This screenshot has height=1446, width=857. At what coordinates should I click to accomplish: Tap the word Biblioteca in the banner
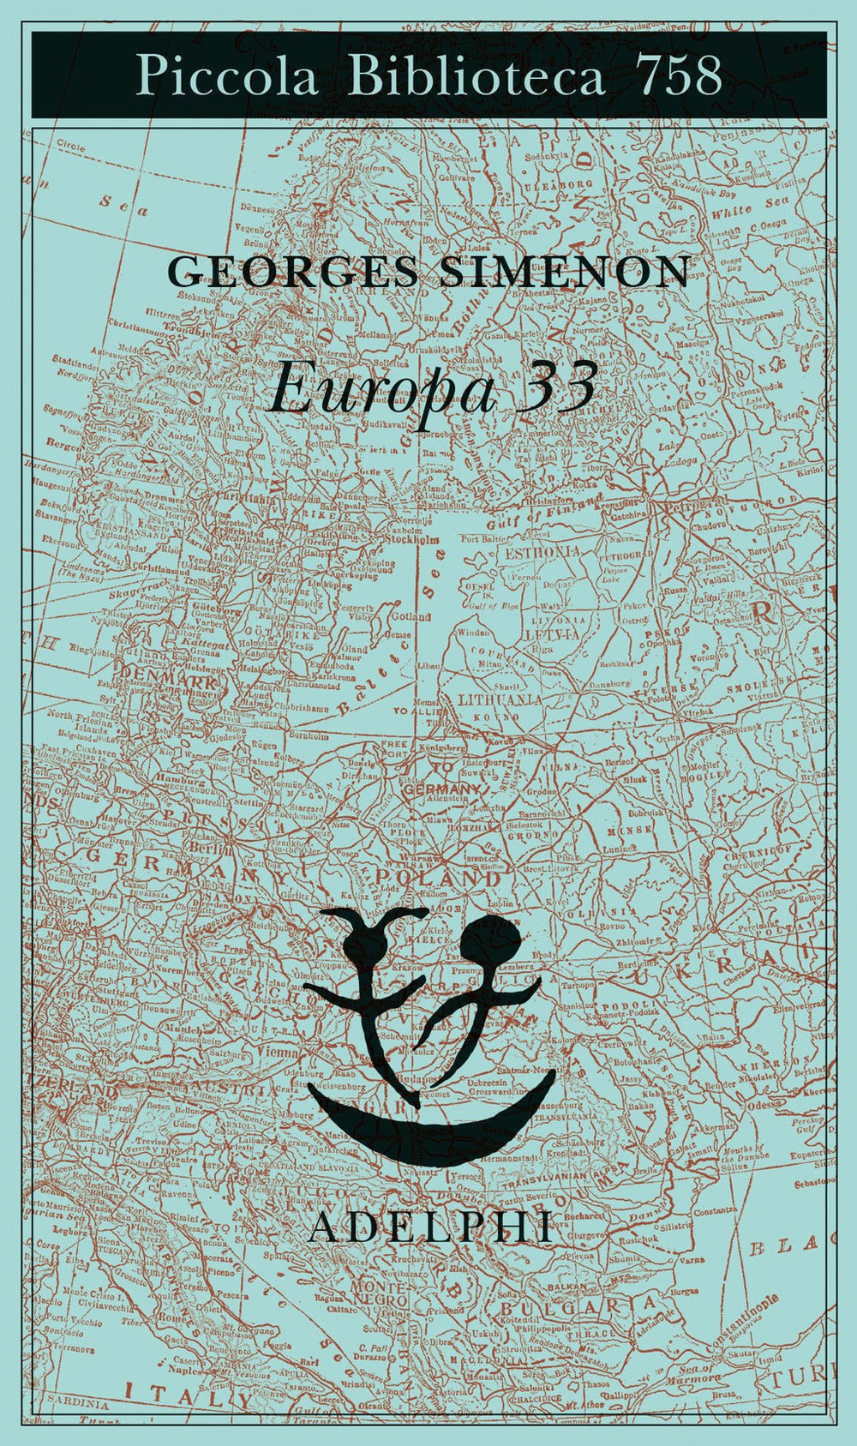click(x=476, y=75)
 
